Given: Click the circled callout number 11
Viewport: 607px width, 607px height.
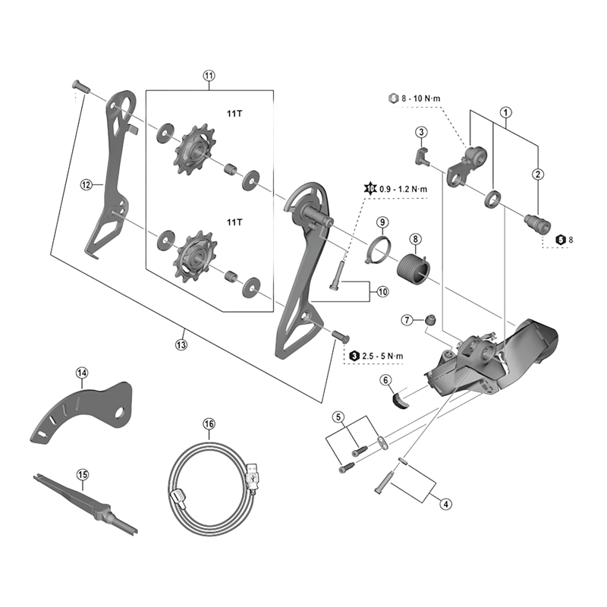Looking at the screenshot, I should (x=209, y=76).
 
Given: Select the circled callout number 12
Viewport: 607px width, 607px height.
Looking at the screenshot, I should (x=86, y=184).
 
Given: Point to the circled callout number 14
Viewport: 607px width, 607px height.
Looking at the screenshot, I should (x=82, y=372).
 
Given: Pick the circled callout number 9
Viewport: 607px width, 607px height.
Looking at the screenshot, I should (x=383, y=222).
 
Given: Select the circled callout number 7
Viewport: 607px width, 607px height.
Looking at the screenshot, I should (x=407, y=320).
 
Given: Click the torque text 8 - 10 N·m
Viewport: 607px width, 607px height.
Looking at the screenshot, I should (x=428, y=98).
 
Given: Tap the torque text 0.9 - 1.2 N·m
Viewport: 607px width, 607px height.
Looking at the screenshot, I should (x=401, y=188).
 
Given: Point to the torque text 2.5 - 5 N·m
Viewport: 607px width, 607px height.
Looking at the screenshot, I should (x=386, y=355).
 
